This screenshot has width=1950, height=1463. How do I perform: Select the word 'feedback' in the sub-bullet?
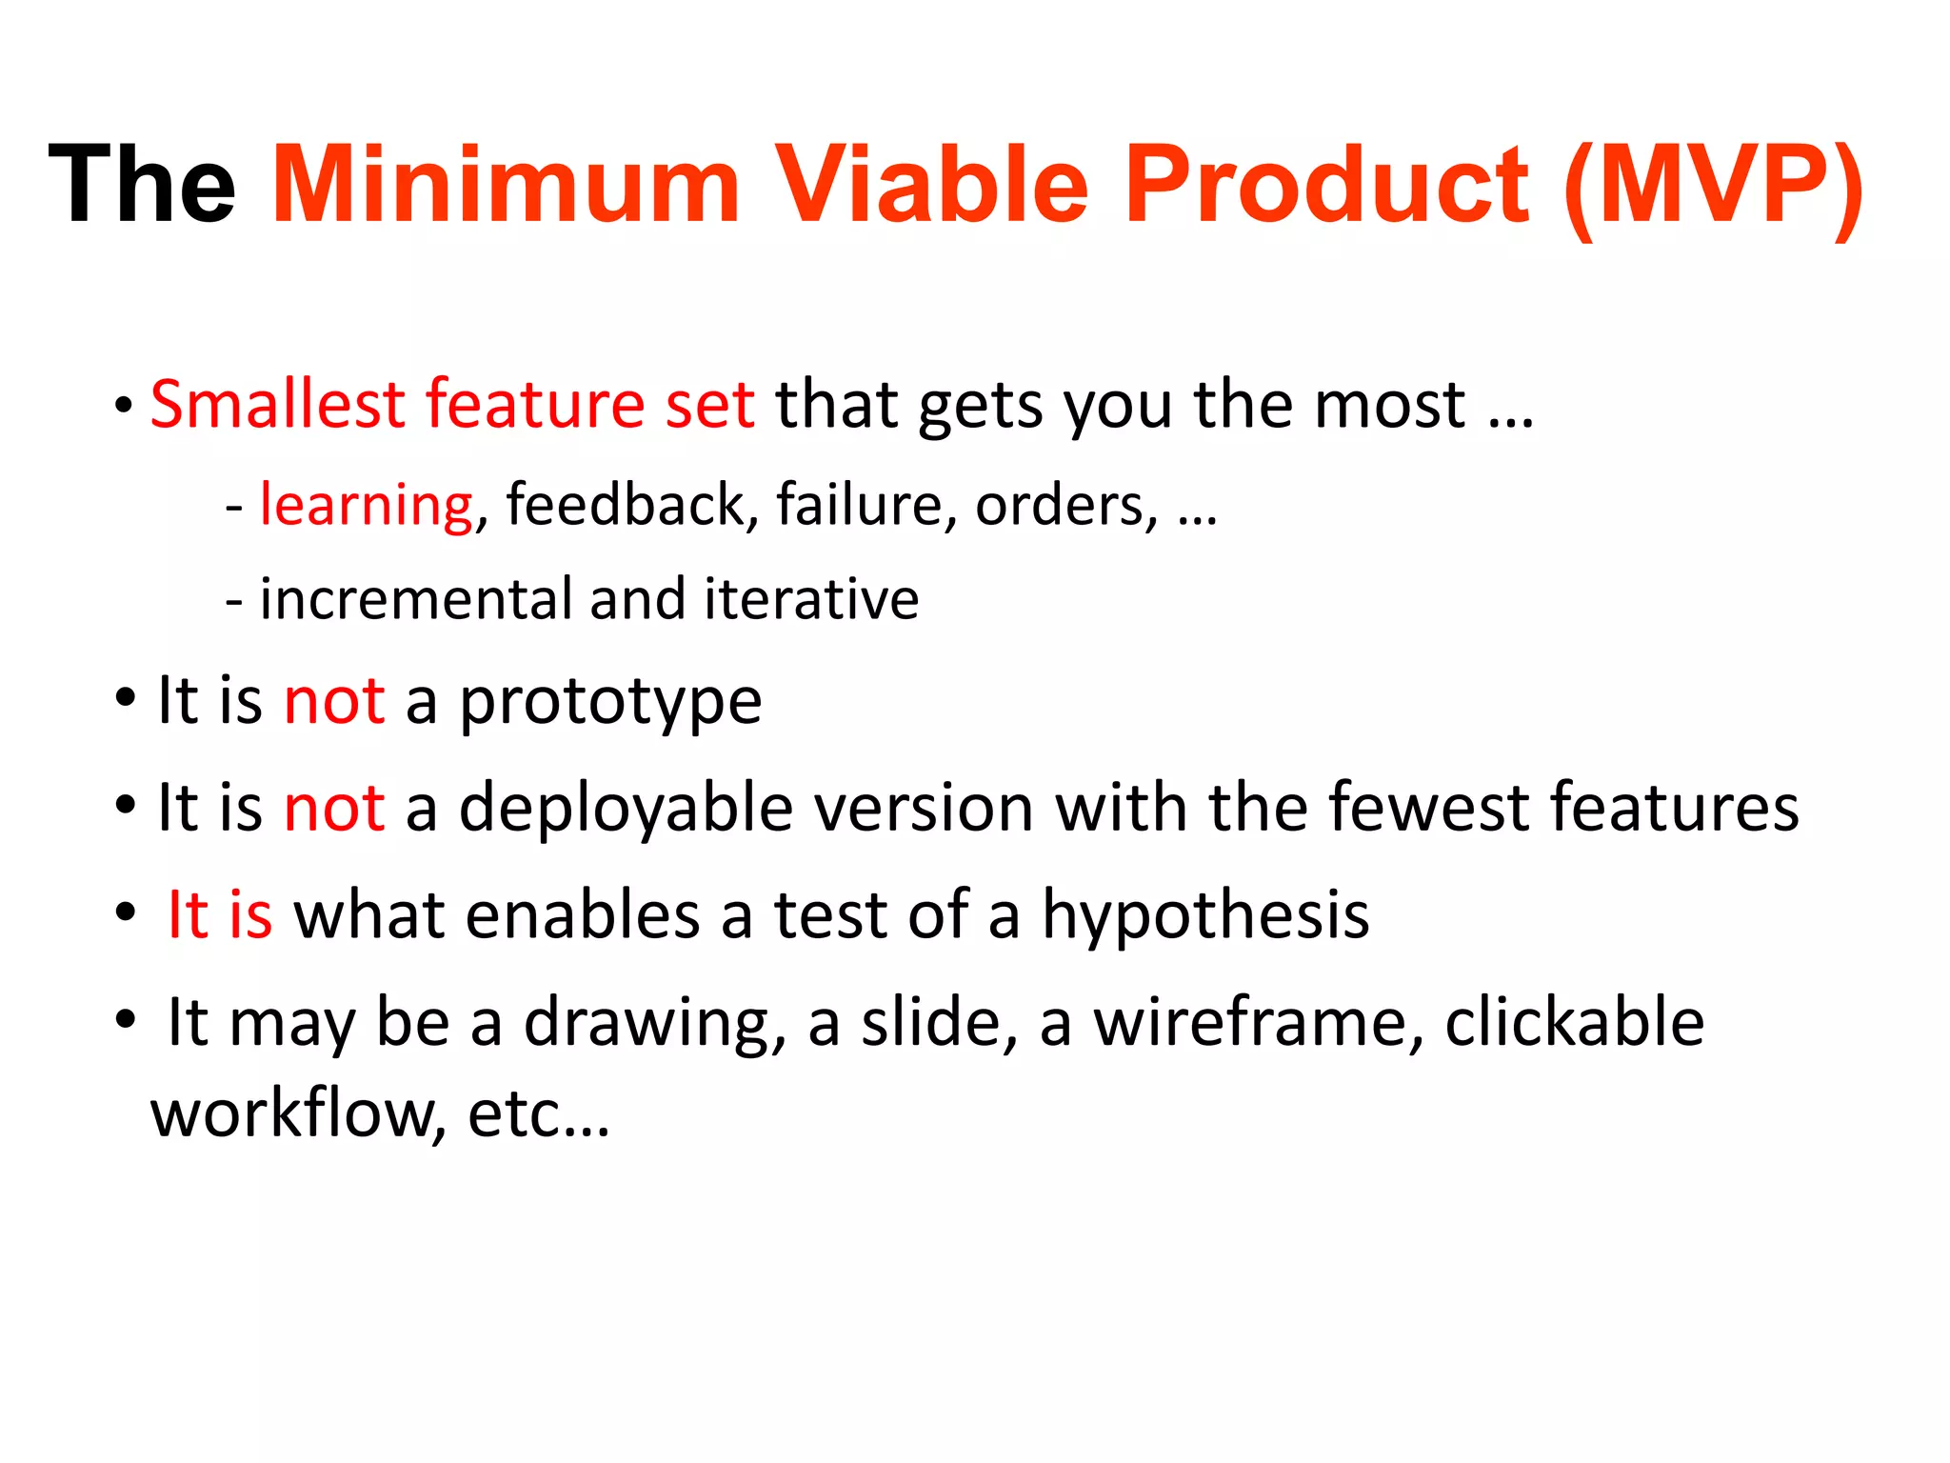(626, 504)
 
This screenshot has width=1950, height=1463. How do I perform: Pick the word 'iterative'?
(811, 599)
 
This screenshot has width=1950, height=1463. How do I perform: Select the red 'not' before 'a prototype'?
(334, 702)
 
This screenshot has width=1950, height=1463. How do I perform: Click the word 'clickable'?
(1574, 1023)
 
